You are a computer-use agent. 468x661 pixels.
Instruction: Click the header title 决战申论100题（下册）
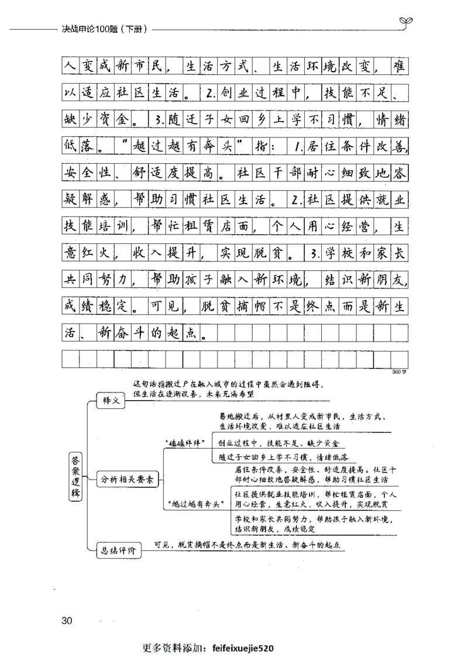104,27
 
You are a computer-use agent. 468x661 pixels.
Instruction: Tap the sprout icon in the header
404,22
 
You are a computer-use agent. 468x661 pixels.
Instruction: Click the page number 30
66,620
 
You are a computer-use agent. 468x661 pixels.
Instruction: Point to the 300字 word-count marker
400,371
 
